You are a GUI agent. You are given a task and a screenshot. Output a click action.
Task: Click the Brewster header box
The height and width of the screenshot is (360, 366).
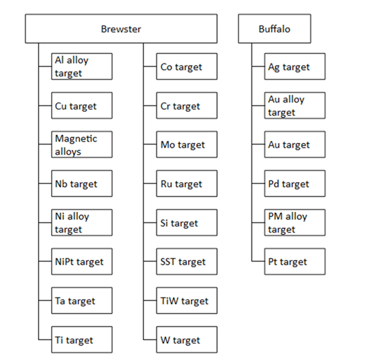(121, 29)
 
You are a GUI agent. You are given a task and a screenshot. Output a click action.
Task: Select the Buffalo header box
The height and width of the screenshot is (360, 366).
(274, 29)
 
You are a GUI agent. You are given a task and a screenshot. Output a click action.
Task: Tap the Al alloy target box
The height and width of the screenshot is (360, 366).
(82, 67)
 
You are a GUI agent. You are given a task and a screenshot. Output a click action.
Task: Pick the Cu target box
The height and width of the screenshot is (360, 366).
(82, 105)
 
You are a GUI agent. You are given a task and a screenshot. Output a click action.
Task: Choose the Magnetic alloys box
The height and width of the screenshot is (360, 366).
(82, 145)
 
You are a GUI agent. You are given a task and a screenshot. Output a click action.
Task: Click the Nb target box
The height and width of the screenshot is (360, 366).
(82, 184)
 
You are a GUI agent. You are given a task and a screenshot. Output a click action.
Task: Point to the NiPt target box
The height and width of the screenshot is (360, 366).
(82, 262)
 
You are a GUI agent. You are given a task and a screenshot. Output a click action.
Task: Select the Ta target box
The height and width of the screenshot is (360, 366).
(82, 301)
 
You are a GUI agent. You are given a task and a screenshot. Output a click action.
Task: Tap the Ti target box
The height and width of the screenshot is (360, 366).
(82, 339)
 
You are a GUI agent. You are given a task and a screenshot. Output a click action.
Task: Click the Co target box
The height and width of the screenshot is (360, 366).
(187, 67)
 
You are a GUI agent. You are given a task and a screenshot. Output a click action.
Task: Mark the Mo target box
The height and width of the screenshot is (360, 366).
(187, 145)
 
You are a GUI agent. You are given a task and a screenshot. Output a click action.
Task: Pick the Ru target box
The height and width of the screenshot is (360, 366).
(187, 184)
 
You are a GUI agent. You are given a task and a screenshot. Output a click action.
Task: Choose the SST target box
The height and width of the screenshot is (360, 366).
(187, 262)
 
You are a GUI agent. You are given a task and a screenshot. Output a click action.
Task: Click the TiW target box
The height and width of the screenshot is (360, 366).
(187, 301)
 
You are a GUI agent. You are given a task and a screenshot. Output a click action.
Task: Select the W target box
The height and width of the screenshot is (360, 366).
(187, 339)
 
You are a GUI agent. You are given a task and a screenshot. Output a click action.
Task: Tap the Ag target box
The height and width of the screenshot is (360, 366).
(295, 67)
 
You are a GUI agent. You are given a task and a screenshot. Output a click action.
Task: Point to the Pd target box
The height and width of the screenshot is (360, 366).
(295, 184)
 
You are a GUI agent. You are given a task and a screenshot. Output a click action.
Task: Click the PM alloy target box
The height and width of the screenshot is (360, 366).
(295, 222)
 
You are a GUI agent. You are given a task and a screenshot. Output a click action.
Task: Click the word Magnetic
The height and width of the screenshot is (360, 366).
(76, 138)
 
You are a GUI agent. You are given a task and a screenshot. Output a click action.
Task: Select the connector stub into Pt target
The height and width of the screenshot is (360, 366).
(258, 261)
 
